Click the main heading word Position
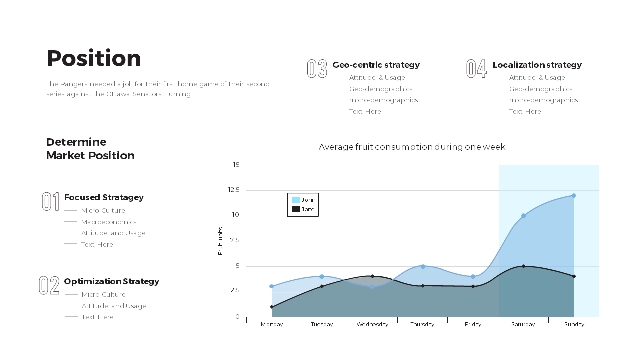click(94, 59)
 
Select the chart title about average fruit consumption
click(412, 147)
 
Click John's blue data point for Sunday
click(573, 196)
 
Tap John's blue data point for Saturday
click(523, 216)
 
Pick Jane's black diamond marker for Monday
click(272, 307)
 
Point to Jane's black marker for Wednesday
click(372, 276)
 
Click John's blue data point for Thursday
click(423, 266)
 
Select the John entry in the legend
click(303, 200)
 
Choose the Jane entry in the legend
click(303, 209)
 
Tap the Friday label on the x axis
click(473, 324)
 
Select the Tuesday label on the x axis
click(322, 324)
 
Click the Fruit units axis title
click(220, 241)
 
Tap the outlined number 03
click(317, 69)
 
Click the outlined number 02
click(49, 285)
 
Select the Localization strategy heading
click(537, 65)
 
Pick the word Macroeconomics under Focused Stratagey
click(109, 222)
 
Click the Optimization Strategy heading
click(112, 281)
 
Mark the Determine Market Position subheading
click(90, 149)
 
